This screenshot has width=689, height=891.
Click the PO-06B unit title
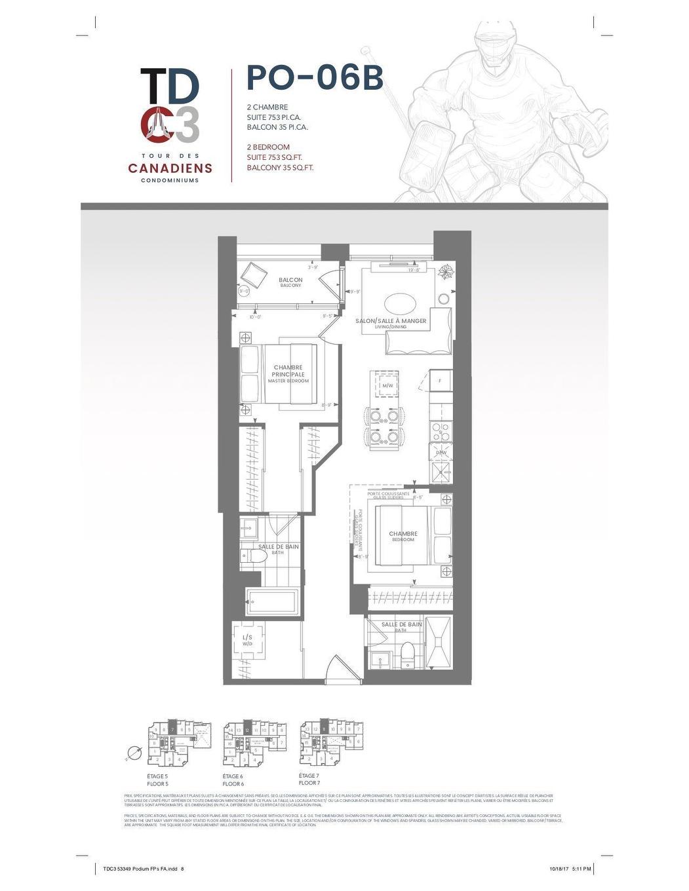pyautogui.click(x=315, y=78)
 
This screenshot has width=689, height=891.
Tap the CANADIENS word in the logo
pyautogui.click(x=170, y=168)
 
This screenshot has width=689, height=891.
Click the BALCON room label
pyautogui.click(x=290, y=280)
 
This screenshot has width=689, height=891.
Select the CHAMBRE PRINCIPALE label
pyautogui.click(x=288, y=371)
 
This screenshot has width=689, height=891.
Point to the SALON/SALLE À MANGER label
pyautogui.click(x=391, y=322)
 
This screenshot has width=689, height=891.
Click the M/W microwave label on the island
pyautogui.click(x=387, y=386)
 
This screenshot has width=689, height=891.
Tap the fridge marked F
pyautogui.click(x=440, y=381)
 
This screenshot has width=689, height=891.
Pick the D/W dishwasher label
pyautogui.click(x=441, y=452)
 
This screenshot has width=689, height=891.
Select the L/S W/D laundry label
pyautogui.click(x=248, y=639)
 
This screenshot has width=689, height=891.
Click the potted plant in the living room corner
pyautogui.click(x=446, y=271)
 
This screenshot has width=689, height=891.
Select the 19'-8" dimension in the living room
pyautogui.click(x=414, y=269)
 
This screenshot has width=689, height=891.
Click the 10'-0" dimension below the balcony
pyautogui.click(x=254, y=317)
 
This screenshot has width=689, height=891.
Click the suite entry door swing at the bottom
pyautogui.click(x=336, y=670)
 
